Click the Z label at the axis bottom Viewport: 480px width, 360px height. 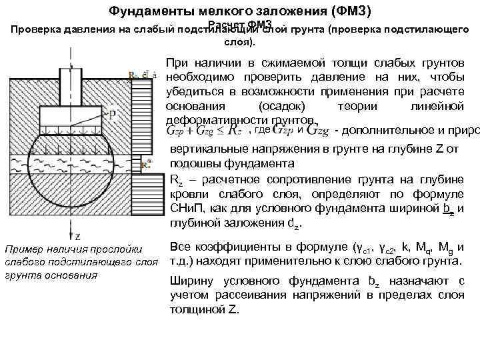point(77,237)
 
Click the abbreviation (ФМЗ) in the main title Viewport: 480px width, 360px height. point(349,12)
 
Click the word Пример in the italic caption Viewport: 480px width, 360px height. point(22,249)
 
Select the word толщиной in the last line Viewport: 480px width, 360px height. point(194,310)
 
